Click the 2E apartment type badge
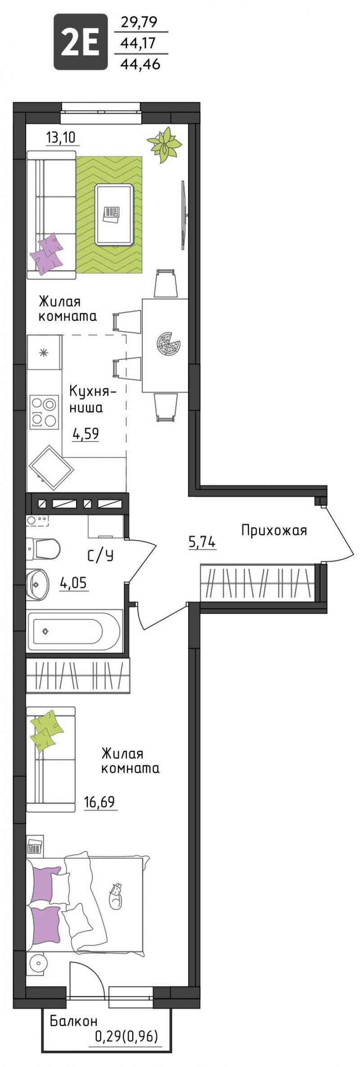81,42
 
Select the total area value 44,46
141,64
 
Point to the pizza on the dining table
168,345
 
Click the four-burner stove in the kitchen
44,411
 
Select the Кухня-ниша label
92,399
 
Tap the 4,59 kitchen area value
85,433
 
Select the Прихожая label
274,531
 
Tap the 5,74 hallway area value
202,543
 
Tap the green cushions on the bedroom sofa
46,730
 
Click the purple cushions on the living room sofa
46,252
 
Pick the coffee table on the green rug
114,215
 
